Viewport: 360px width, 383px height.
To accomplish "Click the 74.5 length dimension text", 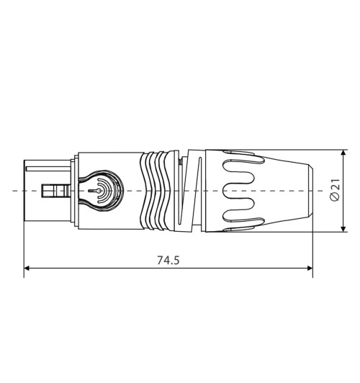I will tap(167, 258).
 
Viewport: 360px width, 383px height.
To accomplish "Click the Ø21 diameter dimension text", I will tap(333, 191).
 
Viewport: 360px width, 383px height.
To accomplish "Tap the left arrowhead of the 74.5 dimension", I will tap(28, 269).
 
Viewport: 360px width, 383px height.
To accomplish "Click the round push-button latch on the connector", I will tap(103, 191).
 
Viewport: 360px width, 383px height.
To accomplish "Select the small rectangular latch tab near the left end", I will tap(53, 191).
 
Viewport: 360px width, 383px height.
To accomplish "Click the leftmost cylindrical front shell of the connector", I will tap(36, 191).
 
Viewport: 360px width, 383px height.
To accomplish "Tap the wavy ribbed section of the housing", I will tap(160, 191).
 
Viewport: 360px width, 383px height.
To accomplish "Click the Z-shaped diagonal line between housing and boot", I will tap(189, 191).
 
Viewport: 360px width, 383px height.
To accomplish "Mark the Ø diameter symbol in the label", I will tap(333, 198).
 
